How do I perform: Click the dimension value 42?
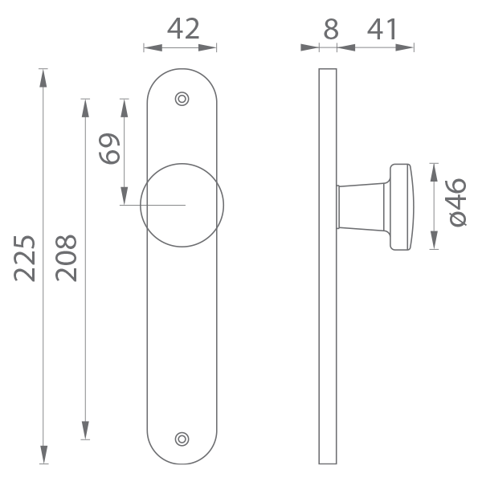click(183, 29)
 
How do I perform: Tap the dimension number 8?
click(331, 29)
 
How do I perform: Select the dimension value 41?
click(382, 29)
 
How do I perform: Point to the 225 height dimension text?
click(24, 258)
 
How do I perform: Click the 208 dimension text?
click(66, 258)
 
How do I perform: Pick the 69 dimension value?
click(109, 149)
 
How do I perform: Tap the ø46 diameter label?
click(458, 203)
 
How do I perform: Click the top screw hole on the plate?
click(182, 99)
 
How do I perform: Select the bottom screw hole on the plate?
click(182, 439)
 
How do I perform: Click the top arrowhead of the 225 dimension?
click(43, 78)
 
